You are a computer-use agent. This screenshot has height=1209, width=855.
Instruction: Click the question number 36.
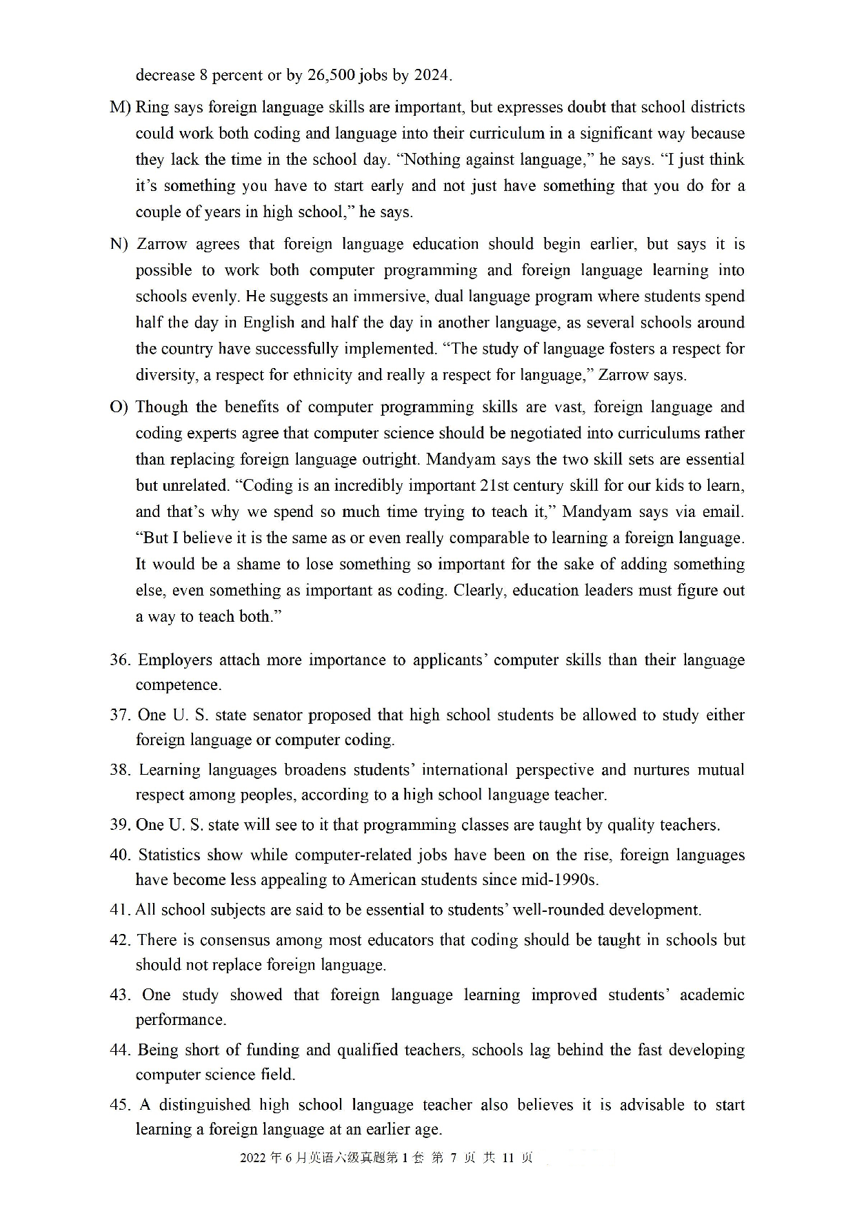[x=119, y=660]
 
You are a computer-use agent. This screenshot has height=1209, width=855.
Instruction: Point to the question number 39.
[x=119, y=825]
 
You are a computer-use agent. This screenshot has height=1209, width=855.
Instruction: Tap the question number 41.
[x=119, y=910]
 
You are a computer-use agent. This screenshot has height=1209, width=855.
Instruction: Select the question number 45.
[x=119, y=1105]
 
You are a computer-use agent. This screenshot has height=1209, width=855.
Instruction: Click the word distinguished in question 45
[x=205, y=1105]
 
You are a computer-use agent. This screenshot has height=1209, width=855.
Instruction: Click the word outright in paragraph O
[x=393, y=460]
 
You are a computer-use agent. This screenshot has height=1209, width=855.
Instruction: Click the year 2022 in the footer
[x=252, y=1158]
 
